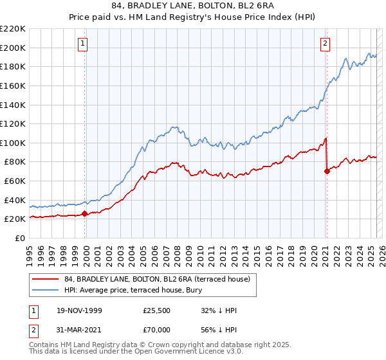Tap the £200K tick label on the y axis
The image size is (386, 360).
point(13,48)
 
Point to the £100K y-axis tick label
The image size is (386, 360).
point(13,143)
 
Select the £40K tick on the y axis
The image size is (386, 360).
point(15,200)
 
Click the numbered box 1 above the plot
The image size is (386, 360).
point(84,44)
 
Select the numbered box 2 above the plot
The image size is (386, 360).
point(325,44)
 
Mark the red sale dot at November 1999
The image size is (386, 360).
point(85,214)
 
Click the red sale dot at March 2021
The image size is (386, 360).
point(327,171)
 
